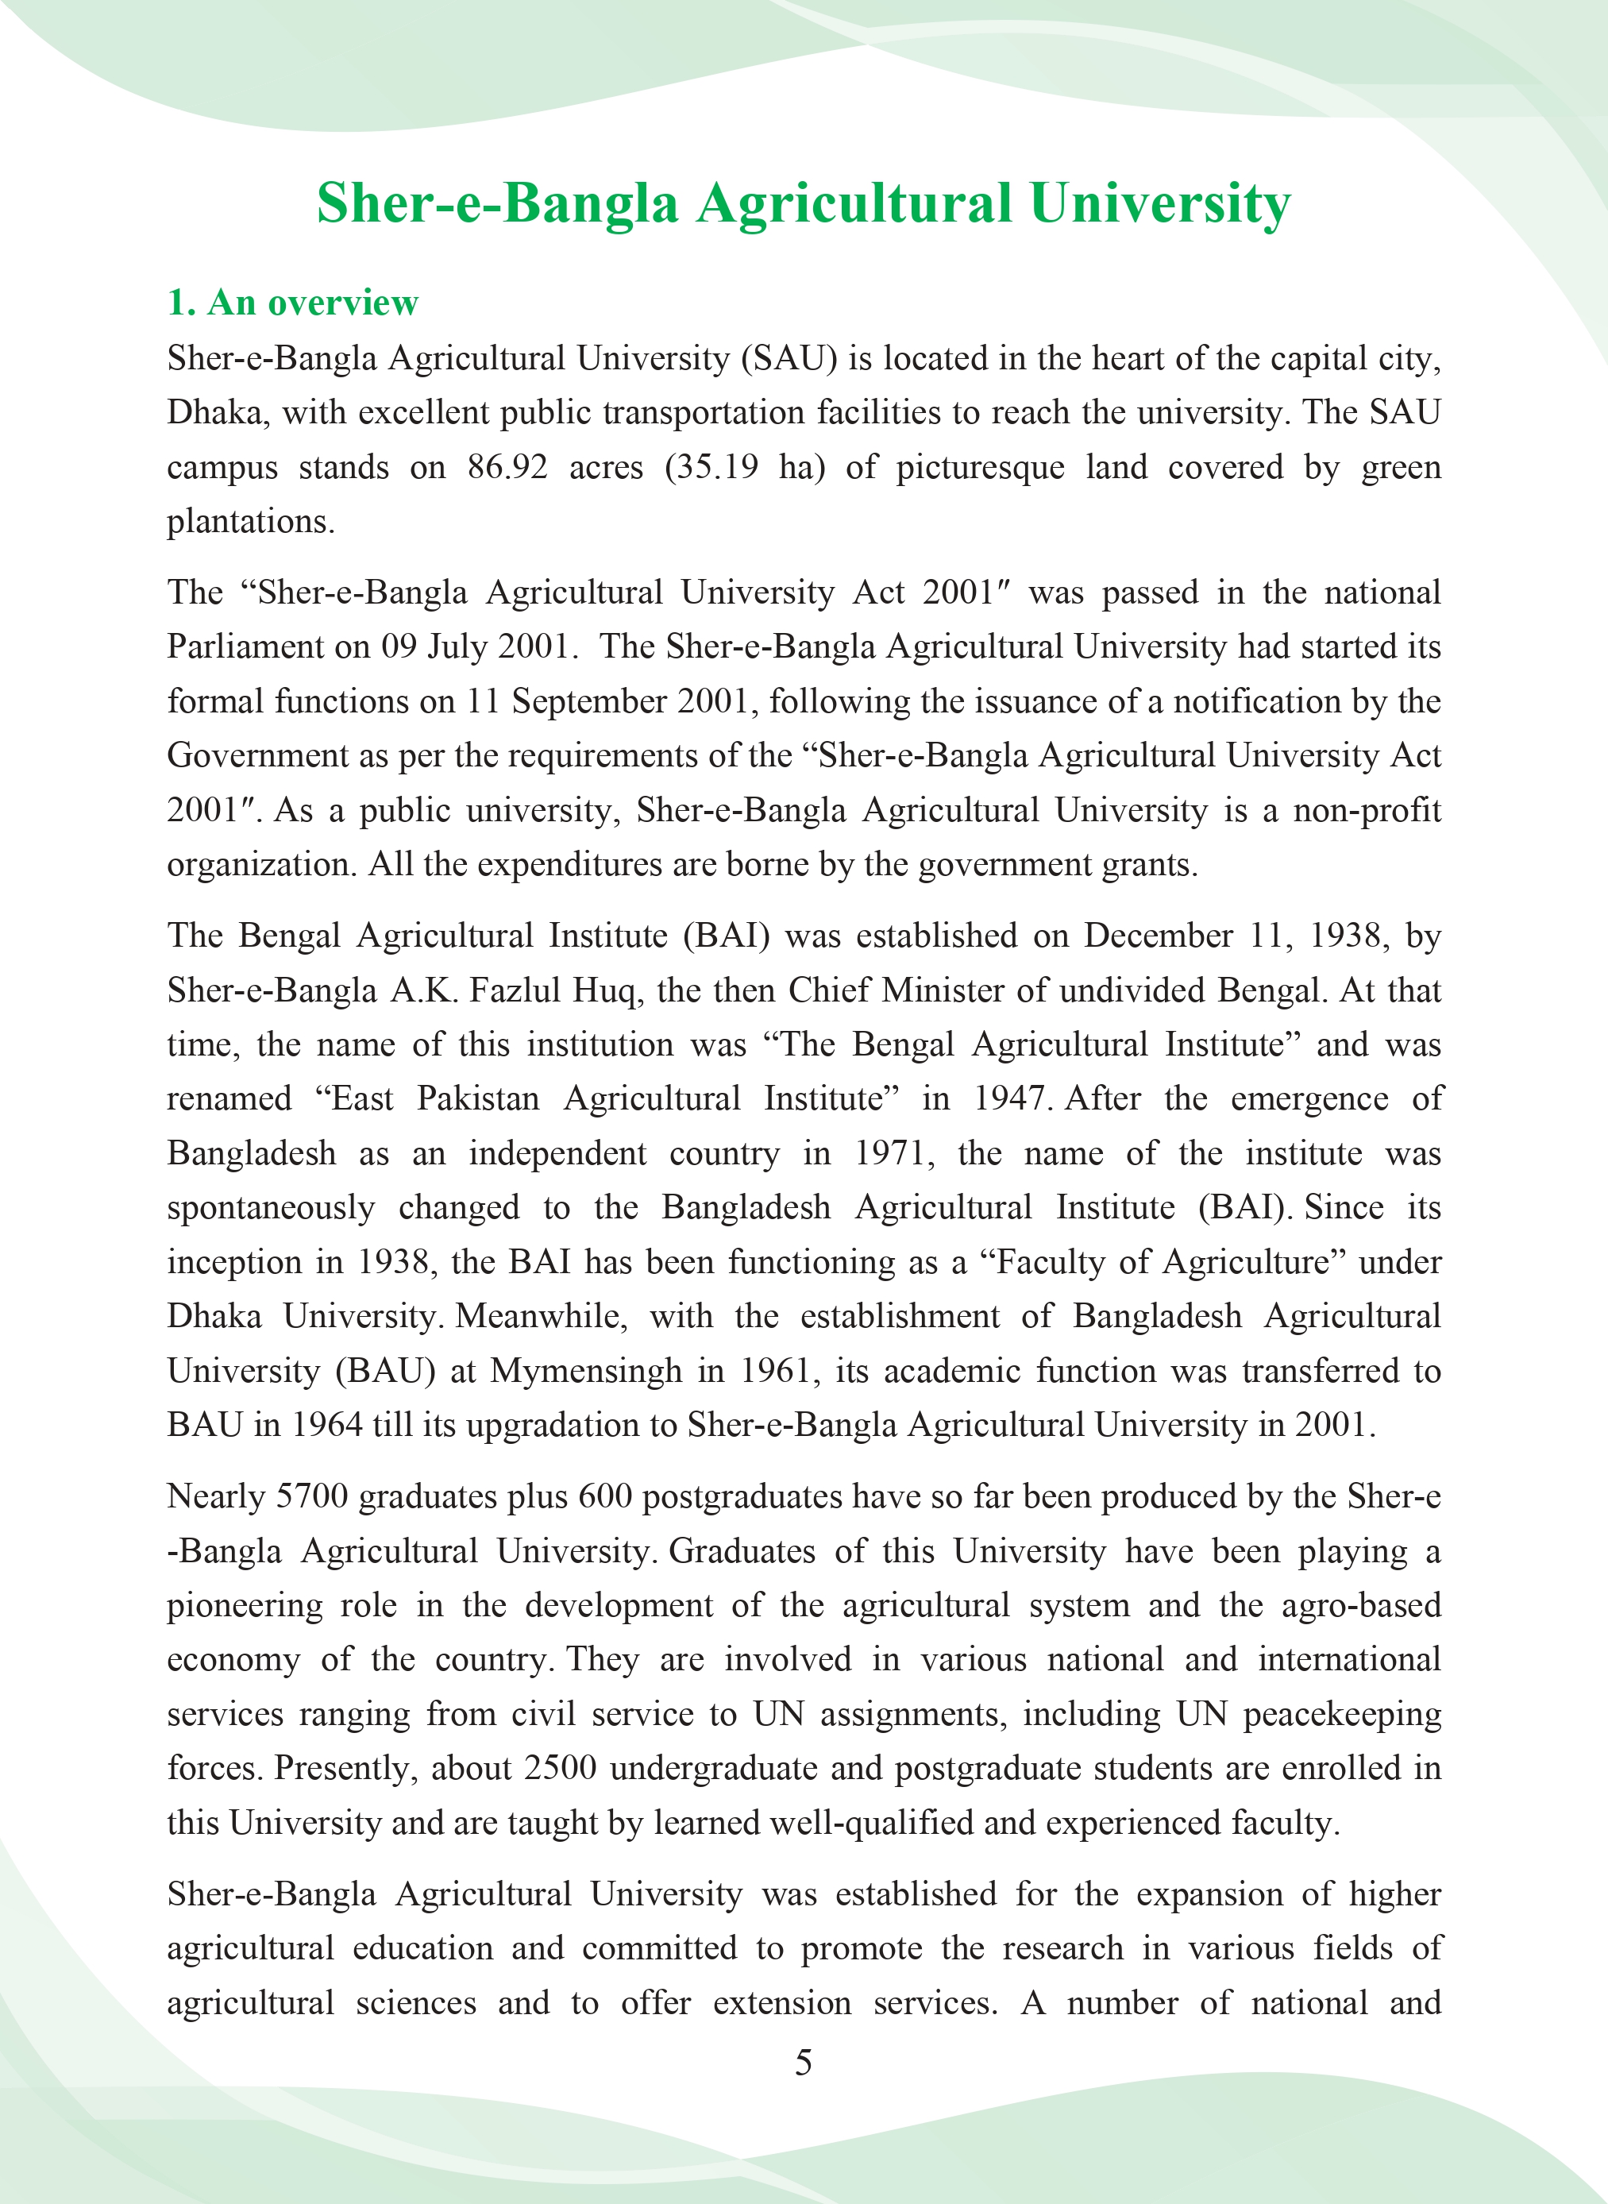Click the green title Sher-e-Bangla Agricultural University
coord(803,204)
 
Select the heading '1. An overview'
coord(292,303)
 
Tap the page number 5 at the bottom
coord(803,2062)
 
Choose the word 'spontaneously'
coord(271,1208)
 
